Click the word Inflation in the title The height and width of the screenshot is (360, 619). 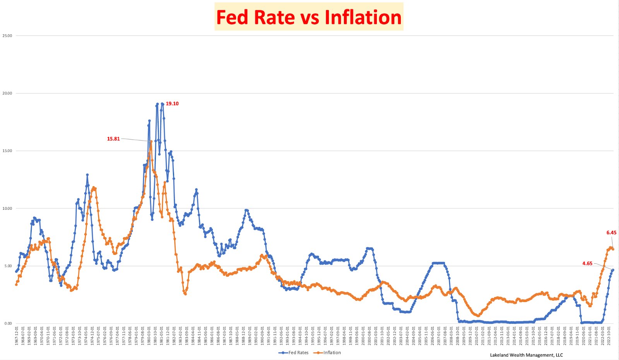tap(363, 17)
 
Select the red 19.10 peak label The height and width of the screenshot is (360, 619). tap(172, 104)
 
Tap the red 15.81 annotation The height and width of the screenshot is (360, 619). tap(113, 139)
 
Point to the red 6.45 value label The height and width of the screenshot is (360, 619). tap(611, 233)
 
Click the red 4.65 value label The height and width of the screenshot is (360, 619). tap(587, 264)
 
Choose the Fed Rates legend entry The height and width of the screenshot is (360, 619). tap(294, 353)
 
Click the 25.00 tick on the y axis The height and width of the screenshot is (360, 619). tap(7, 36)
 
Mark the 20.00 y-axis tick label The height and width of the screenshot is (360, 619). tap(7, 93)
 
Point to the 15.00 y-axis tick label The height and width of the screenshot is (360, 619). tap(7, 151)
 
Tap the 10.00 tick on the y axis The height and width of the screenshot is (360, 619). tap(7, 208)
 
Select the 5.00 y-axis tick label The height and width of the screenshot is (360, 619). tap(8, 266)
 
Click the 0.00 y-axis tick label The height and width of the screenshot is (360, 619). tap(8, 324)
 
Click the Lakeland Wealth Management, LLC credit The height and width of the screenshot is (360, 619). tap(526, 355)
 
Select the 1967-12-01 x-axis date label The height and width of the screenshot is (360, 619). tap(17, 336)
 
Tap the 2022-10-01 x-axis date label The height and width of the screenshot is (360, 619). tap(609, 336)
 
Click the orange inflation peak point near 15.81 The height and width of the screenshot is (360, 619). tap(151, 142)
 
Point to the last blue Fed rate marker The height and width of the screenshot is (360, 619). tap(613, 270)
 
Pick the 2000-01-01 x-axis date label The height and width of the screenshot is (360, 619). tap(363, 336)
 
